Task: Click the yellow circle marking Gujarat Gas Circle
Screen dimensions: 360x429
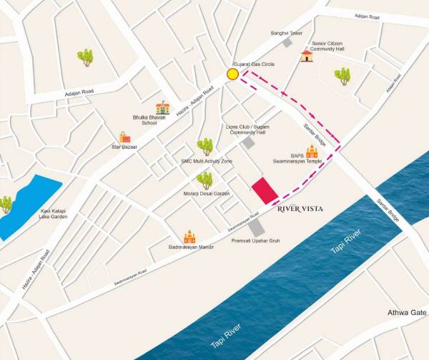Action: tap(232, 74)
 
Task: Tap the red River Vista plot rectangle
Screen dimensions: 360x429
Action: tap(265, 190)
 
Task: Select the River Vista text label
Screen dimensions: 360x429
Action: tap(300, 209)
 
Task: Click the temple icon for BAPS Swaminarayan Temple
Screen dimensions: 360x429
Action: tap(312, 151)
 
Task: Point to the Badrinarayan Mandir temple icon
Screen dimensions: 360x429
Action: tap(189, 236)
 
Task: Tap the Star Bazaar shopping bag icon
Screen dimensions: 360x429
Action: tap(125, 137)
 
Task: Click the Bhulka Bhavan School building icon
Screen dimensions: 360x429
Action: tap(163, 107)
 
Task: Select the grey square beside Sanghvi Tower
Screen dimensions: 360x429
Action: tap(287, 43)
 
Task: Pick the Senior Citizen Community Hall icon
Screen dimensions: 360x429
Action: tap(307, 55)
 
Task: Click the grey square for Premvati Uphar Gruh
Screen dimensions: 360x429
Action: tap(256, 228)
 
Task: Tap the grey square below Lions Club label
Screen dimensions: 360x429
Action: tap(247, 143)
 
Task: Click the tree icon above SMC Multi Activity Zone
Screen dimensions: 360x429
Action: tap(205, 147)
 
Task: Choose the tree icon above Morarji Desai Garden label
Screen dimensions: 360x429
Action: tap(205, 180)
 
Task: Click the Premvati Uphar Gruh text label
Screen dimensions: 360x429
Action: tap(255, 241)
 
